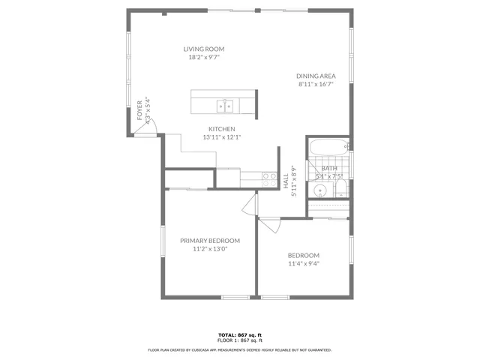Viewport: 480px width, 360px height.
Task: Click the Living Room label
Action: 204,49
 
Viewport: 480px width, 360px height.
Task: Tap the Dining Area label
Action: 316,76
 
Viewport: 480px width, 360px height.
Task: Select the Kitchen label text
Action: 222,129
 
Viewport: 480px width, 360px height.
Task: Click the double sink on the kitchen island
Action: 225,105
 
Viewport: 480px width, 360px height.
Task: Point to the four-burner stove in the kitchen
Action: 269,179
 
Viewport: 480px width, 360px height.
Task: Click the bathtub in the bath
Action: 328,147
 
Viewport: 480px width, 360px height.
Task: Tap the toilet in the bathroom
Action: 341,187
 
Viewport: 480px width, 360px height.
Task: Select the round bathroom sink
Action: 317,188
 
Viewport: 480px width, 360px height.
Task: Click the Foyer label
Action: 139,111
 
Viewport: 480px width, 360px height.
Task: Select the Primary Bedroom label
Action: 209,241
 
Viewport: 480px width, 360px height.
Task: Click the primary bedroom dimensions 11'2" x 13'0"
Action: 209,249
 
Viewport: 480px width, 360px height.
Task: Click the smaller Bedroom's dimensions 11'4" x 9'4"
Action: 304,263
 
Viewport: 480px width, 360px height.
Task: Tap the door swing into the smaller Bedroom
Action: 268,223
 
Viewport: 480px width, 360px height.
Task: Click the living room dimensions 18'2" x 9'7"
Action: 204,58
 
